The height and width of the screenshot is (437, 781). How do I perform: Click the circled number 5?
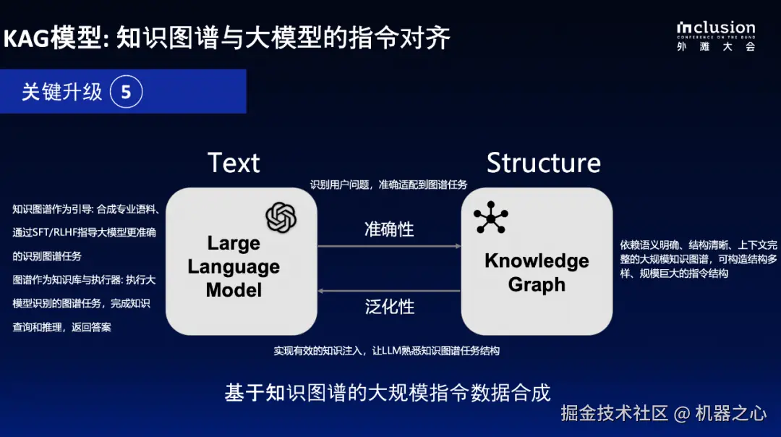(x=126, y=92)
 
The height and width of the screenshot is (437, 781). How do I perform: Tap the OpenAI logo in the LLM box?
(x=281, y=217)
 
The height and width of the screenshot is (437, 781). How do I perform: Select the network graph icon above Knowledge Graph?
(x=490, y=217)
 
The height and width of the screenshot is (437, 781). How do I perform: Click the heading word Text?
(x=234, y=163)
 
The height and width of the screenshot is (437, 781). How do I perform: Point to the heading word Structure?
(x=543, y=163)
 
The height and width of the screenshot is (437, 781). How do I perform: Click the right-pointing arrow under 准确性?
(x=390, y=246)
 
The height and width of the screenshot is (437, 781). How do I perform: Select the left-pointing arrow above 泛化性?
(x=390, y=291)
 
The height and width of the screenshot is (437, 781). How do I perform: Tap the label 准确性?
(x=389, y=229)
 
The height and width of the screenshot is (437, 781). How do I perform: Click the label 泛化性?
(x=390, y=307)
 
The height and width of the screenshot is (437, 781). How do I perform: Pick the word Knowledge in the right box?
(x=537, y=260)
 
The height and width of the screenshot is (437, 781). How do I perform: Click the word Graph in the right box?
(x=537, y=284)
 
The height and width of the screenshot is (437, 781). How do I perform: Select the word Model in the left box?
(x=234, y=290)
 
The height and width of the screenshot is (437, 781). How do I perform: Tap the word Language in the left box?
(x=234, y=267)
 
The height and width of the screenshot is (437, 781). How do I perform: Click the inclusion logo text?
(x=716, y=28)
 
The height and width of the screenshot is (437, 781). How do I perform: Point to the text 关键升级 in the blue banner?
(x=61, y=92)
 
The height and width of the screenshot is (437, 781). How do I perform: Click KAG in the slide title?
(x=27, y=38)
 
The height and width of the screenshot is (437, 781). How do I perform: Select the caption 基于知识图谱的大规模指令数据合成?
(x=388, y=393)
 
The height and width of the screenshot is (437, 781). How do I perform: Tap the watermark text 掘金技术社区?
(x=614, y=413)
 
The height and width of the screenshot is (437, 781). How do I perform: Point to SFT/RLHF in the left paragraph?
(x=57, y=233)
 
